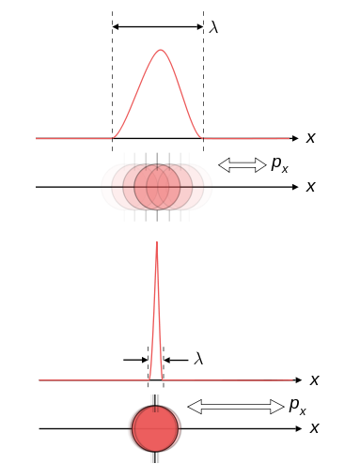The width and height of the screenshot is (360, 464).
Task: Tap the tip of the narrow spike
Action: click(x=156, y=243)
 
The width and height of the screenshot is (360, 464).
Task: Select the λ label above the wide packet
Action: click(x=214, y=27)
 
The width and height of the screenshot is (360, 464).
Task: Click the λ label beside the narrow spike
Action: click(x=198, y=358)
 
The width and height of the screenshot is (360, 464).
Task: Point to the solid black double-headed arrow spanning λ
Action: click(x=158, y=27)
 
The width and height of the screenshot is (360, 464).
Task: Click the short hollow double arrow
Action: click(x=243, y=165)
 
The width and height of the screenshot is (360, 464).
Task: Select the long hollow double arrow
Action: click(x=236, y=407)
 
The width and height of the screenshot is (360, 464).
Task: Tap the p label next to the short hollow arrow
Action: click(x=279, y=164)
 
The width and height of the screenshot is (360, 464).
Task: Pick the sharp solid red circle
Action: click(x=155, y=428)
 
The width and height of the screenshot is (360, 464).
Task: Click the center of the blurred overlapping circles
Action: click(x=157, y=187)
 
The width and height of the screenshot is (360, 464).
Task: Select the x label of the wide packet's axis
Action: click(x=310, y=138)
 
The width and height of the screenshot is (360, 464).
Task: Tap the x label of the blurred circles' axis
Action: click(x=310, y=187)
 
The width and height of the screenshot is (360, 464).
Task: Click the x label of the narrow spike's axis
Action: click(x=315, y=380)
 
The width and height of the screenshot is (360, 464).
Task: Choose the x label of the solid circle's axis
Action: click(x=315, y=428)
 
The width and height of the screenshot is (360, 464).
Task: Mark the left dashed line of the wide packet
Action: click(x=113, y=85)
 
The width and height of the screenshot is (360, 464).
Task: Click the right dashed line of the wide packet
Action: click(x=203, y=85)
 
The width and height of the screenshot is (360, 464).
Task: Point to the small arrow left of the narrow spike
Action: click(x=134, y=359)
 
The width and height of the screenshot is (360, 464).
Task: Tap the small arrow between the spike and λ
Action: click(x=175, y=359)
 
